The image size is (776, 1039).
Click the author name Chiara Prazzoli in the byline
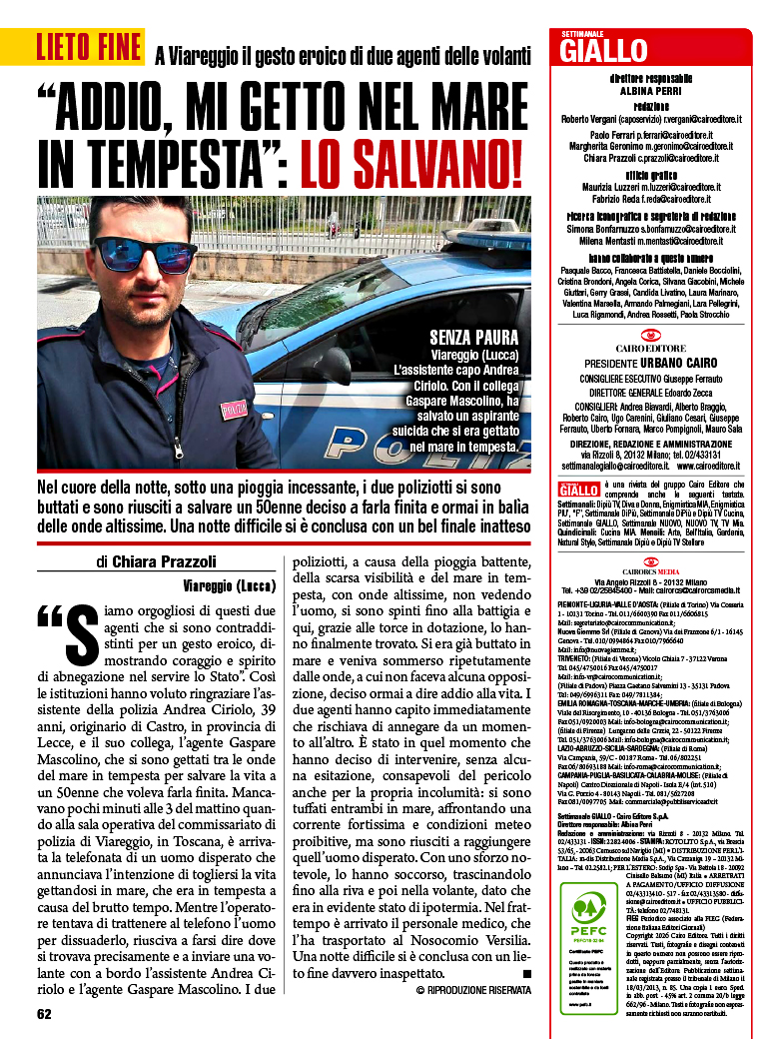pos(164,561)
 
